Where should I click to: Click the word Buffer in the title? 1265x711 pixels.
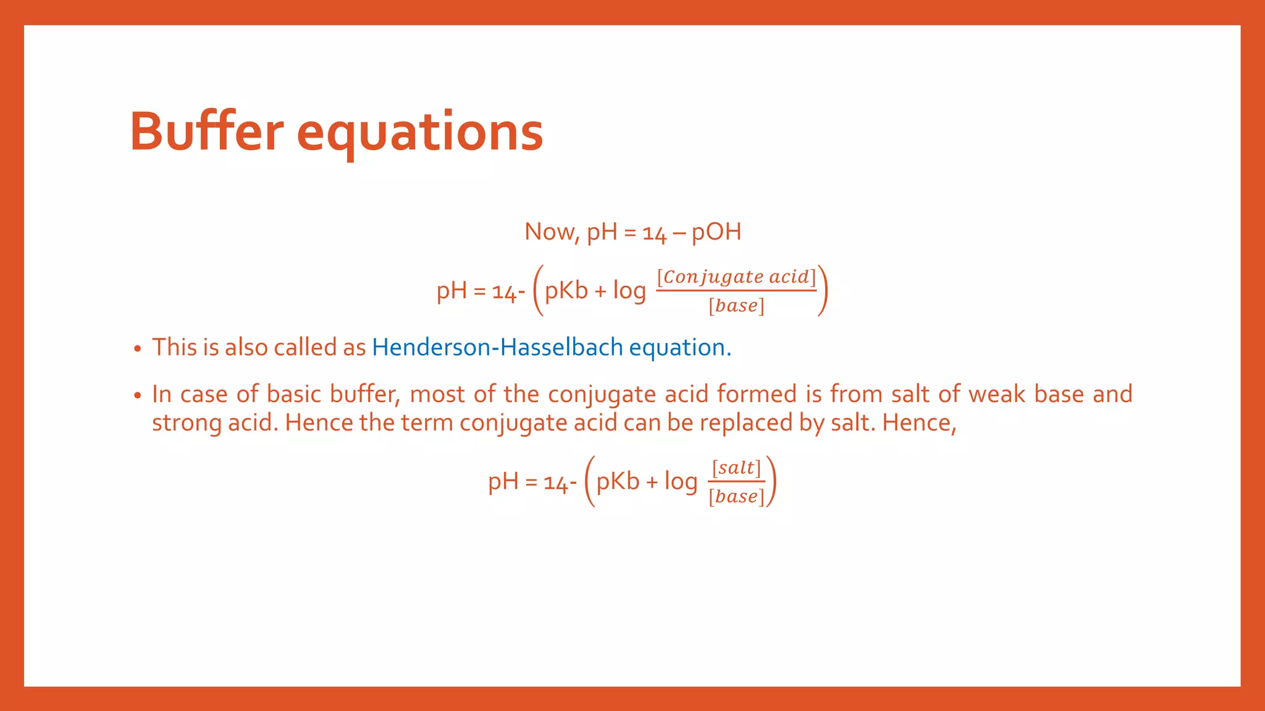(206, 131)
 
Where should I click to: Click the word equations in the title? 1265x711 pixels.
(419, 133)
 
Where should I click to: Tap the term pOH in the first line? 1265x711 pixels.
(716, 232)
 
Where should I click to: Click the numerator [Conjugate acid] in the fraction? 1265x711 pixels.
(736, 276)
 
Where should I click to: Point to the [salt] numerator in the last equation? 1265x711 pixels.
(736, 468)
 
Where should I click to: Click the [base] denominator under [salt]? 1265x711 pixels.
(736, 496)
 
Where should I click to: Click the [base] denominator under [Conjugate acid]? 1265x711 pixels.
(736, 306)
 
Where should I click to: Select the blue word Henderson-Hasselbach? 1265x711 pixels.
(497, 347)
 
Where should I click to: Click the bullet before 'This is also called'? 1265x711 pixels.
(138, 349)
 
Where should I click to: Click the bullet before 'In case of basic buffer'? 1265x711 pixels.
(138, 396)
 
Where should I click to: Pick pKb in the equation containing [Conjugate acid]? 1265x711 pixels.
(566, 290)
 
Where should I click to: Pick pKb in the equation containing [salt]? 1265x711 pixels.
(618, 481)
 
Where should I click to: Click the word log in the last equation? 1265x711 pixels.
(680, 481)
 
